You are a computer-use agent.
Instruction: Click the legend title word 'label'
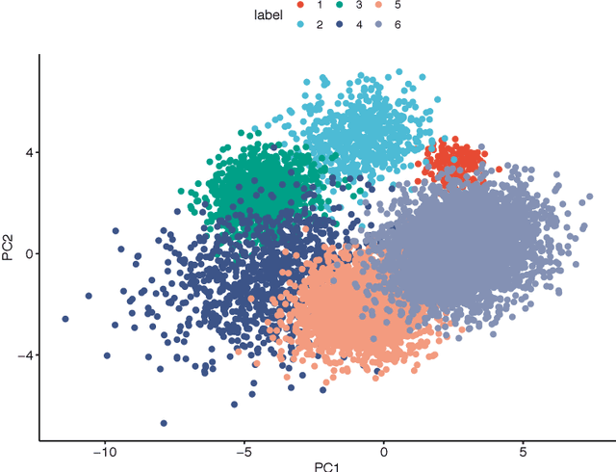point(269,14)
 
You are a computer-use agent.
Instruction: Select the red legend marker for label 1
point(300,6)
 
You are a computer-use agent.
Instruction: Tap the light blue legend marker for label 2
point(300,23)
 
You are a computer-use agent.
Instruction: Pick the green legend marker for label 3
point(340,6)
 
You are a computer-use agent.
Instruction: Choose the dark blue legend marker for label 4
point(340,23)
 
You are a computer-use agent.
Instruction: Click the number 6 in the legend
point(397,23)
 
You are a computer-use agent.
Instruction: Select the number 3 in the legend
point(358,6)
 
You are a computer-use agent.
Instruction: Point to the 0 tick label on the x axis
point(383,451)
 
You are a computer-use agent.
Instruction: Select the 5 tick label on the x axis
point(524,451)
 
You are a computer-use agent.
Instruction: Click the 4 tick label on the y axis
point(29,152)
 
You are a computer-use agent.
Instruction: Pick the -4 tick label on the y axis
point(26,355)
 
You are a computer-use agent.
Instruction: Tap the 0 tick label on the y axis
point(29,254)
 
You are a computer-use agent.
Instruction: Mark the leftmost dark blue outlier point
point(65,319)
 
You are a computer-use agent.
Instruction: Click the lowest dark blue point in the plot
point(164,423)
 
